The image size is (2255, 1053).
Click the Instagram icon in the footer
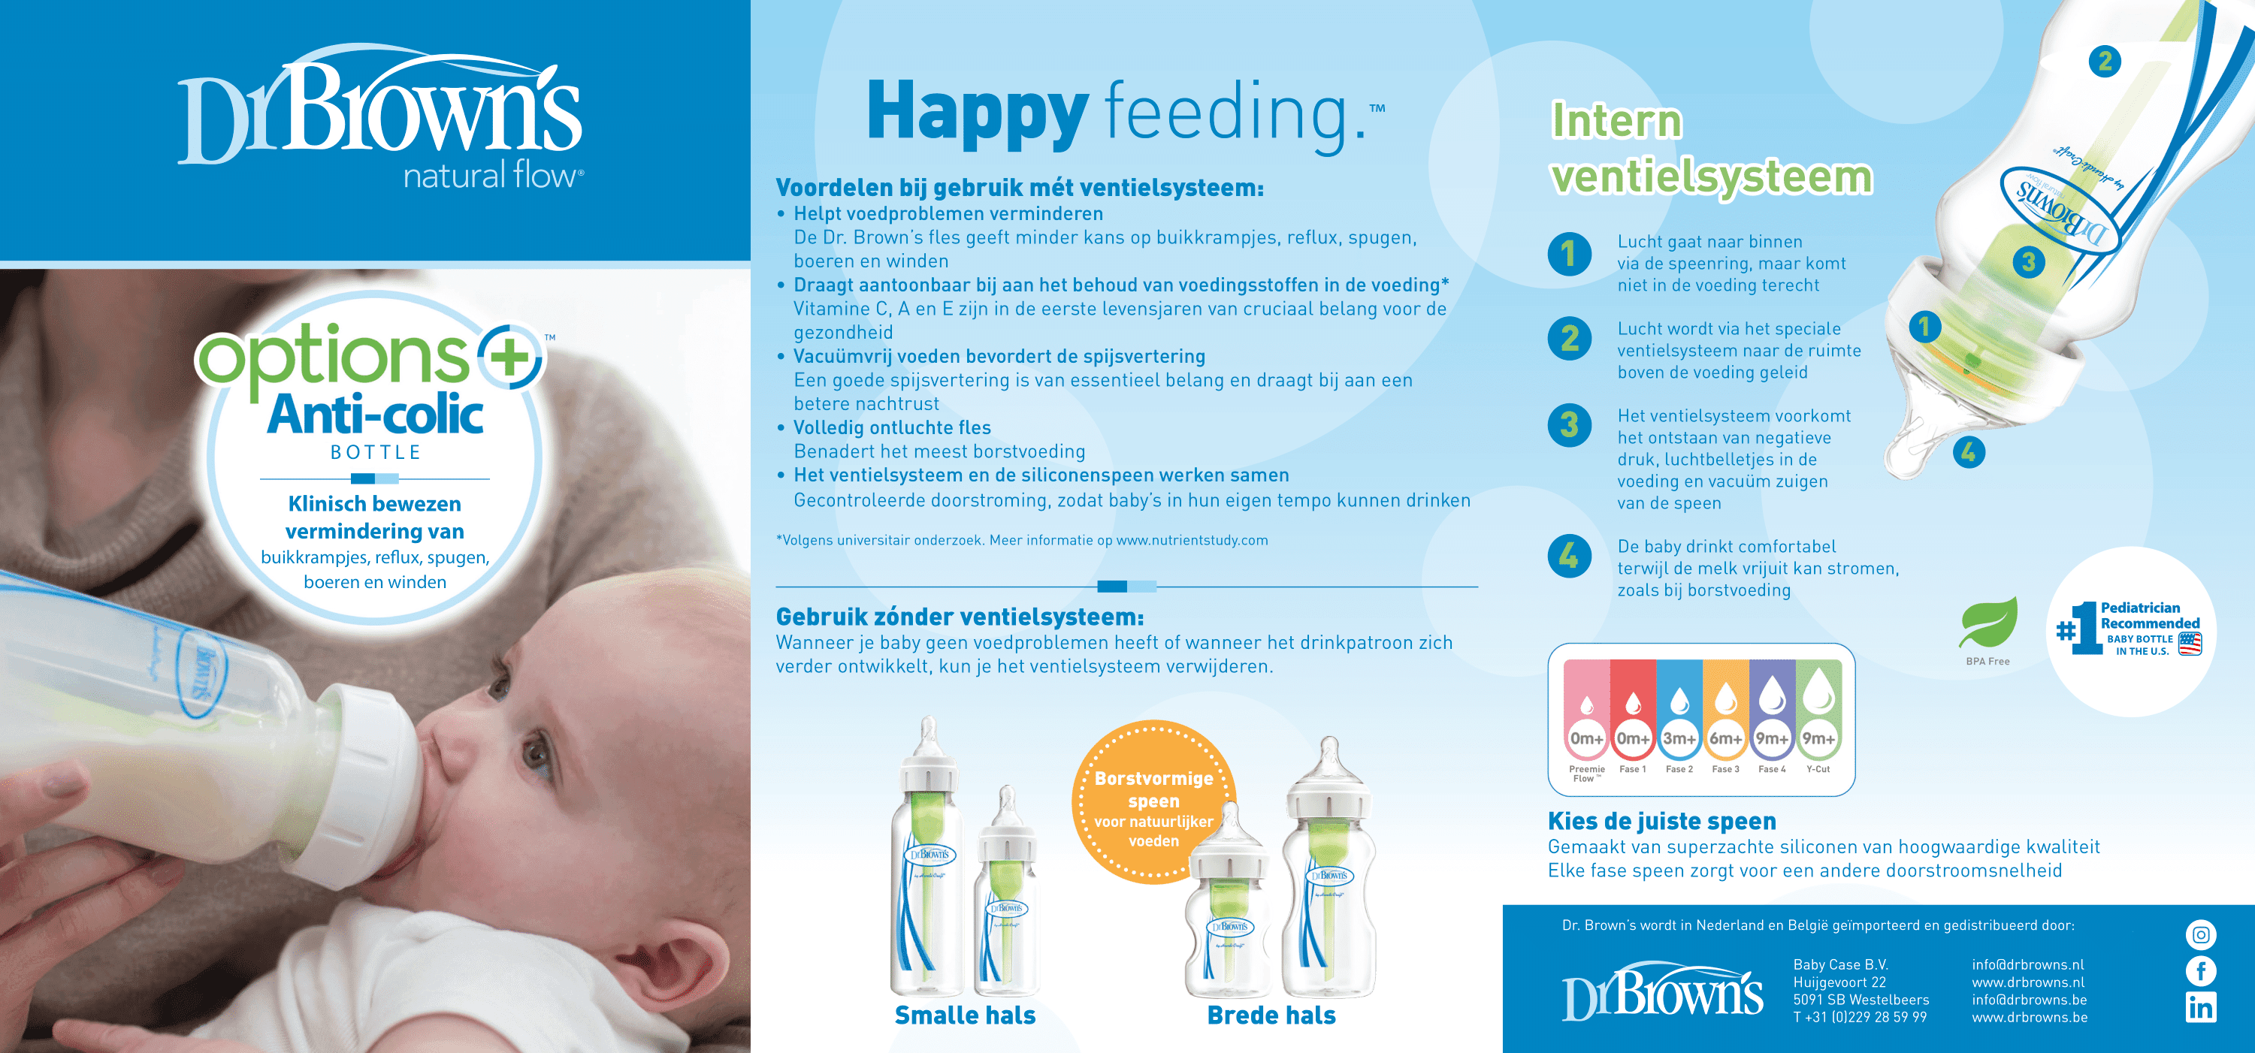2201,935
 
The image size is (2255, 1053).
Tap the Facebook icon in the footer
2201,970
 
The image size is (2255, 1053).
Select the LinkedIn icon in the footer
2201,1007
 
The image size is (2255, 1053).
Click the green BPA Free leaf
1989,623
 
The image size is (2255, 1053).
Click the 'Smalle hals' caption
965,1015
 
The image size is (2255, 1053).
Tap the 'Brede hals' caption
1271,1015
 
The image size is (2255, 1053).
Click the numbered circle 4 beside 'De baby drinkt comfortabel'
1570,556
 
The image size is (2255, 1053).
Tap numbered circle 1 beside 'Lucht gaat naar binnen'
1570,254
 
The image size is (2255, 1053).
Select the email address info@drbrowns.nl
2027,964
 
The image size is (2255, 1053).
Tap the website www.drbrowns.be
2029,1017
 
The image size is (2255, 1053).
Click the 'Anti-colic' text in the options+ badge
375,414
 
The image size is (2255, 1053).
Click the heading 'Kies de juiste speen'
1661,821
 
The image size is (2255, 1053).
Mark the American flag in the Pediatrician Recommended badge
2190,644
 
